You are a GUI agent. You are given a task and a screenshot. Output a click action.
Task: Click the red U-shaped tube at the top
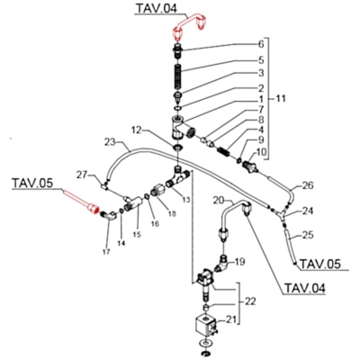click(189, 22)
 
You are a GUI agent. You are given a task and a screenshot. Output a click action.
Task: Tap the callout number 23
click(111, 141)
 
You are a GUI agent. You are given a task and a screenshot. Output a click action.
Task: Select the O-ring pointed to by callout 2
click(177, 108)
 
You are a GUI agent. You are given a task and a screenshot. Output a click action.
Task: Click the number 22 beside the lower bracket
click(249, 301)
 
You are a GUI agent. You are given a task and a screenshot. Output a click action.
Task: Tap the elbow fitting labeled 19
click(221, 263)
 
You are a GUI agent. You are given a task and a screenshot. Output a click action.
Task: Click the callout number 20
click(219, 200)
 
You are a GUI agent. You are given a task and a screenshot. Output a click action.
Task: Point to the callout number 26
click(307, 185)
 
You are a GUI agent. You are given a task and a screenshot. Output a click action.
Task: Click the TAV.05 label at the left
click(32, 183)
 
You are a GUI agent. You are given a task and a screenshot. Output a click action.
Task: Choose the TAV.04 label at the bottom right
click(304, 288)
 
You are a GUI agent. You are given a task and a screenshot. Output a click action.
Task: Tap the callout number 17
click(106, 252)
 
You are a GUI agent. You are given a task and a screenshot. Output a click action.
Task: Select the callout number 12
click(137, 130)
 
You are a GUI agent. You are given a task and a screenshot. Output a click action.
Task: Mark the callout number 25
click(307, 235)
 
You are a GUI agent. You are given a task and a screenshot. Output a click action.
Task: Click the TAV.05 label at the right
click(320, 264)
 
